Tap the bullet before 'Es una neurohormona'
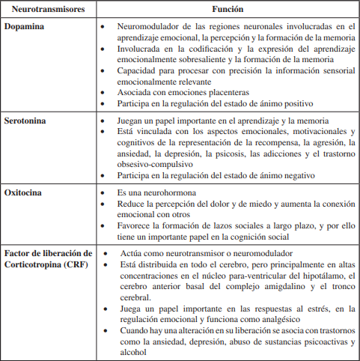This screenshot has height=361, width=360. click(x=104, y=193)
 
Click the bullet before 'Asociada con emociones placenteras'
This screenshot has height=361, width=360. click(x=104, y=92)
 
